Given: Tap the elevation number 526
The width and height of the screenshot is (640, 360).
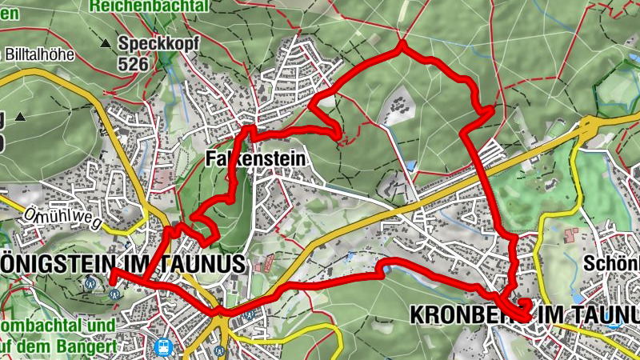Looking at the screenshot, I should pyautogui.click(x=133, y=63).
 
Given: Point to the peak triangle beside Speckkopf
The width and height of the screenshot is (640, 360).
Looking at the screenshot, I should pyautogui.click(x=106, y=42).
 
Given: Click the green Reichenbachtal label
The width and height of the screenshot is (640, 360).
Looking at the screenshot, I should pyautogui.click(x=150, y=6).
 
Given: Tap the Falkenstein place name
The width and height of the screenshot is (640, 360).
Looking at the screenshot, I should pyautogui.click(x=255, y=159).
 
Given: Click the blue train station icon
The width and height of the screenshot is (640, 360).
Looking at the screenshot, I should pyautogui.click(x=164, y=346).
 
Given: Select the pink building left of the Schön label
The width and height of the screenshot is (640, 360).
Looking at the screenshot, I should pyautogui.click(x=572, y=236).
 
